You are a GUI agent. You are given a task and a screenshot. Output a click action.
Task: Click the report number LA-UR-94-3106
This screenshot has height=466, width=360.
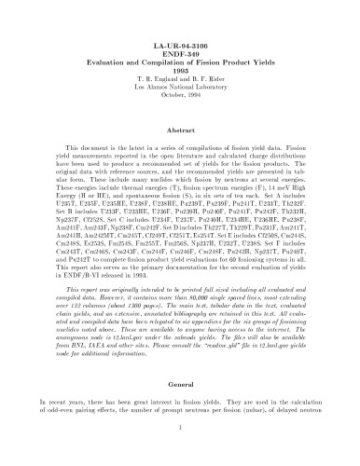coord(180,44)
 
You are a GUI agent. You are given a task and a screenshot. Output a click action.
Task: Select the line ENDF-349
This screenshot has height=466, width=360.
coord(180,53)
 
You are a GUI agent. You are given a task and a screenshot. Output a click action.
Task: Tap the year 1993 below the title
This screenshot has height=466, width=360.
coord(180,72)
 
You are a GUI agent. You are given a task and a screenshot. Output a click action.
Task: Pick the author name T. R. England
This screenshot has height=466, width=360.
coord(154,81)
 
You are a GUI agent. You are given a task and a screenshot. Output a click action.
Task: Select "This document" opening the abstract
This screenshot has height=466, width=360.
coord(74,151)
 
